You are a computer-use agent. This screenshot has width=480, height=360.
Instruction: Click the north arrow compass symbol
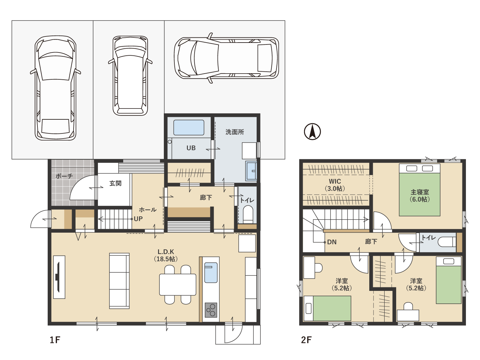click(x=312, y=132)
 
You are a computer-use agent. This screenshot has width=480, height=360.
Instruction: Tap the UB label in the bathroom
click(x=191, y=148)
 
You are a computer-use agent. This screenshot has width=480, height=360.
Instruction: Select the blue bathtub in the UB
click(x=189, y=127)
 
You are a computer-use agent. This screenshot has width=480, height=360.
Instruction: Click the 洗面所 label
click(x=235, y=132)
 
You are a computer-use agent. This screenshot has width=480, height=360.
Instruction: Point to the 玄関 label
click(x=115, y=183)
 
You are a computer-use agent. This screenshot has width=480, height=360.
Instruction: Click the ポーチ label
click(x=64, y=176)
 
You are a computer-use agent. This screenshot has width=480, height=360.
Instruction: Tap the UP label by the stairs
click(x=138, y=219)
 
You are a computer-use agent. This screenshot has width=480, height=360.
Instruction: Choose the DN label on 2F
click(x=332, y=242)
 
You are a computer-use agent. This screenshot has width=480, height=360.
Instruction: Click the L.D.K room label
click(x=165, y=252)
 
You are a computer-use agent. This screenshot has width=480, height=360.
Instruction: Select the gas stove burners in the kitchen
click(x=211, y=310)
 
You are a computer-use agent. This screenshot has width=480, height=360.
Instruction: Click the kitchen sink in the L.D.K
click(x=211, y=273)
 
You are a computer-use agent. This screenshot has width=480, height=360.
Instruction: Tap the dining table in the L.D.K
click(x=178, y=284)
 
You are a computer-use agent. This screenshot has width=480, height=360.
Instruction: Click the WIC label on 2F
click(x=335, y=181)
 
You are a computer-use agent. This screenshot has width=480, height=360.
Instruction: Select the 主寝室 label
click(x=420, y=192)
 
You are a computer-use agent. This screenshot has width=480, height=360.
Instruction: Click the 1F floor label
click(x=55, y=340)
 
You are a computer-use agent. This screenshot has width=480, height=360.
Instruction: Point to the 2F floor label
click(x=306, y=340)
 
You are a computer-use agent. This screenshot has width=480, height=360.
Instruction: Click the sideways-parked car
click(x=226, y=58)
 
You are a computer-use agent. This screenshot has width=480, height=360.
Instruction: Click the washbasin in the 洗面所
click(x=251, y=171)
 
